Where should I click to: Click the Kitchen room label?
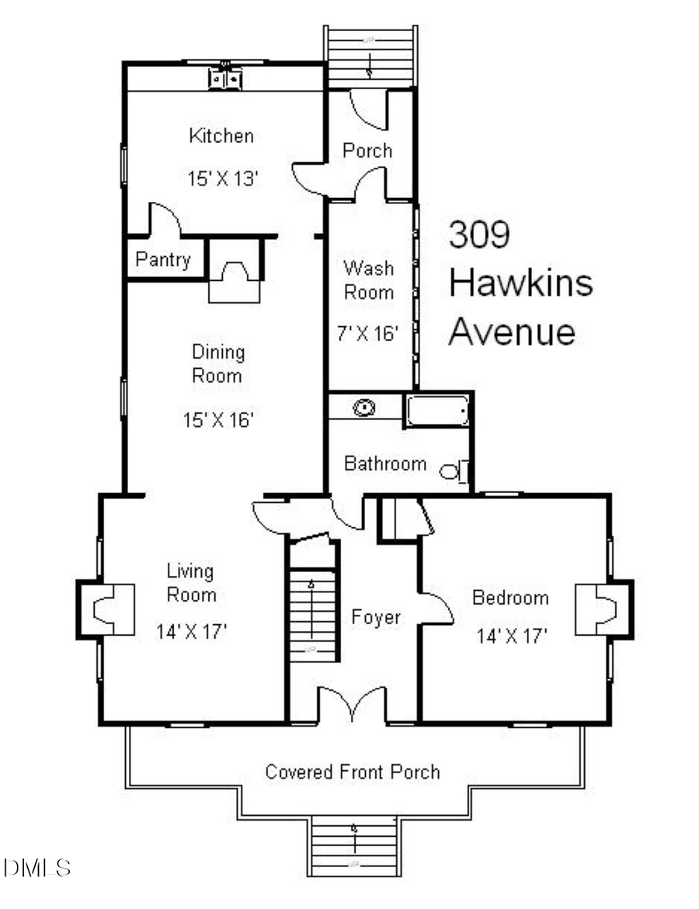(x=221, y=136)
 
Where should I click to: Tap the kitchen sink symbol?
(x=225, y=78)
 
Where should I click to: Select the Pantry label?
(x=163, y=259)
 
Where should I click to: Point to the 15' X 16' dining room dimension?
(x=218, y=420)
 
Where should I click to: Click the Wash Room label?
(x=369, y=280)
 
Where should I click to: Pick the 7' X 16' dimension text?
(x=369, y=334)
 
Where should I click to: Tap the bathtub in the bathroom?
(x=437, y=410)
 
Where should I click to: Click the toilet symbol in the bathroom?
(x=455, y=470)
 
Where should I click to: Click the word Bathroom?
(x=385, y=464)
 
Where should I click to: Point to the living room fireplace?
(x=105, y=609)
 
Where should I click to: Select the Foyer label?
(x=376, y=617)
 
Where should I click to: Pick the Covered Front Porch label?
(x=353, y=772)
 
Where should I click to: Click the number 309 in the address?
(x=479, y=234)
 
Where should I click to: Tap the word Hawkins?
(x=521, y=283)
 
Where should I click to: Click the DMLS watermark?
(x=37, y=867)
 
